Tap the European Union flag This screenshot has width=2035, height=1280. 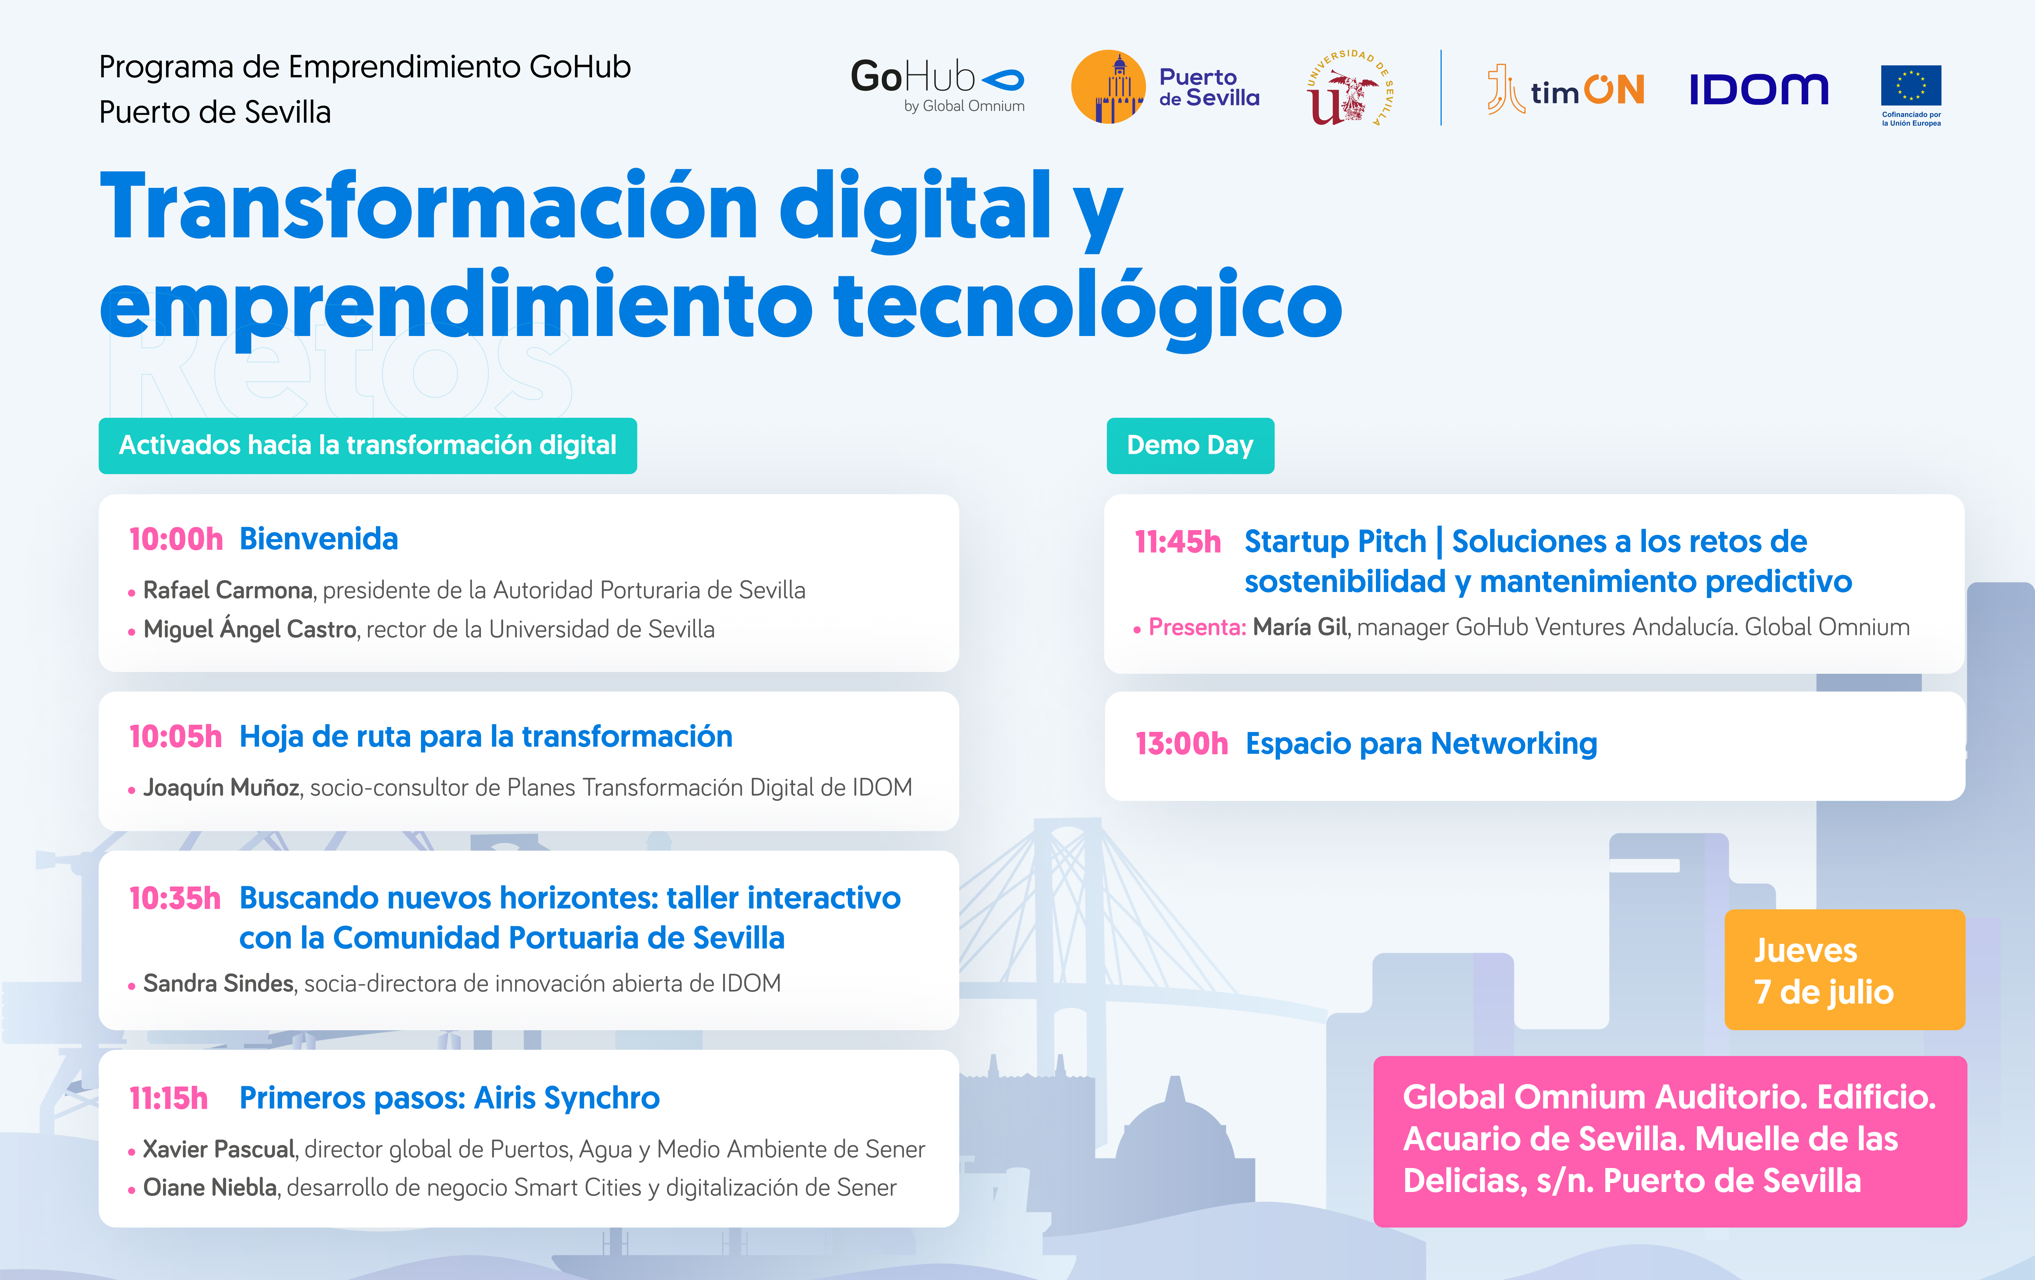pos(1911,85)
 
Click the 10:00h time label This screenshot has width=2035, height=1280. pos(176,539)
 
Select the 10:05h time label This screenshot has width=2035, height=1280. pos(175,737)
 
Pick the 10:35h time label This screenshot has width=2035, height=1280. pos(175,898)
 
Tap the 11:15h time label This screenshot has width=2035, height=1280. pos(168,1098)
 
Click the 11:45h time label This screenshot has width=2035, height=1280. pos(1177,542)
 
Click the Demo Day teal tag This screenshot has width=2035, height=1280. pos(1190,445)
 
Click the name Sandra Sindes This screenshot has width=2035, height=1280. pos(218,983)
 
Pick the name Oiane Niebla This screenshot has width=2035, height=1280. pos(210,1188)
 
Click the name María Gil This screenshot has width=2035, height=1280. pos(1300,627)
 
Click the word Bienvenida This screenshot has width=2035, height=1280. pos(319,539)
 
